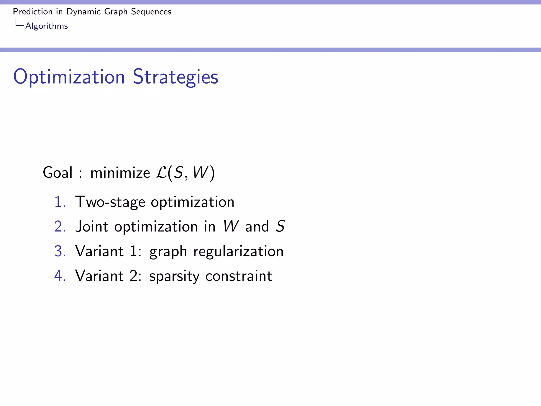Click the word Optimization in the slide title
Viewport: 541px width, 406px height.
(69, 77)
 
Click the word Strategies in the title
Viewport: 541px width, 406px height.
(175, 77)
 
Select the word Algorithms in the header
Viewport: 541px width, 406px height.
(46, 26)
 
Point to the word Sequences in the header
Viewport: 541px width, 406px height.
(151, 12)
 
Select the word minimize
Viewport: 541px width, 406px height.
(120, 173)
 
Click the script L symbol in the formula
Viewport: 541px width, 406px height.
(161, 173)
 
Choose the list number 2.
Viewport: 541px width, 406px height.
(60, 227)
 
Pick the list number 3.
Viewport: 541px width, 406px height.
(60, 251)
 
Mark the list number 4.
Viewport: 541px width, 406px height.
(60, 276)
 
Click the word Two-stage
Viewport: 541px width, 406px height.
(110, 202)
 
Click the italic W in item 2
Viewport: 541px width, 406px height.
(231, 227)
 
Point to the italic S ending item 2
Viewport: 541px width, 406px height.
(280, 227)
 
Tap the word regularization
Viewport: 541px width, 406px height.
(238, 251)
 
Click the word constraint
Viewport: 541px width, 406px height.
(239, 276)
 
